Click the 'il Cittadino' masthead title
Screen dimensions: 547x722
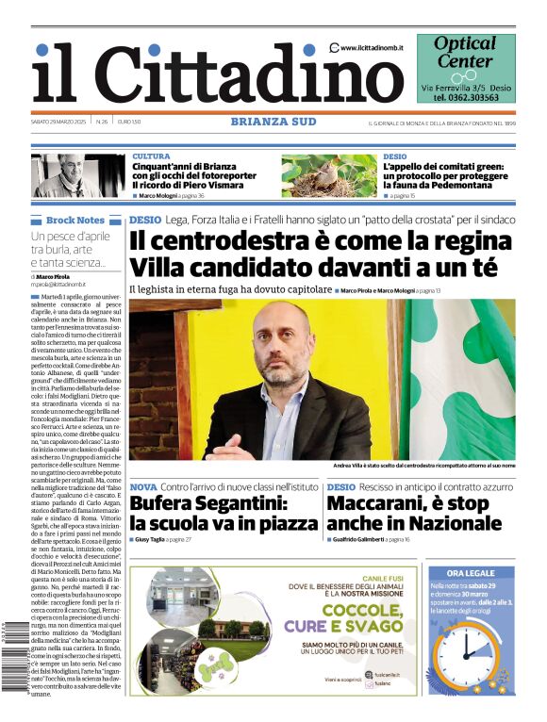pyautogui.click(x=203, y=74)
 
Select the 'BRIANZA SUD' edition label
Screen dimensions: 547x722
pyautogui.click(x=273, y=121)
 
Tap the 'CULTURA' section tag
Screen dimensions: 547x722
pyautogui.click(x=151, y=156)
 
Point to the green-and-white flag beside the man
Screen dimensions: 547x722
pyautogui.click(x=462, y=377)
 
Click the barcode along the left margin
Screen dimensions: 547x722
pyautogui.click(x=11, y=660)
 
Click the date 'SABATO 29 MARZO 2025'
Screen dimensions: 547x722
pyautogui.click(x=59, y=122)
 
